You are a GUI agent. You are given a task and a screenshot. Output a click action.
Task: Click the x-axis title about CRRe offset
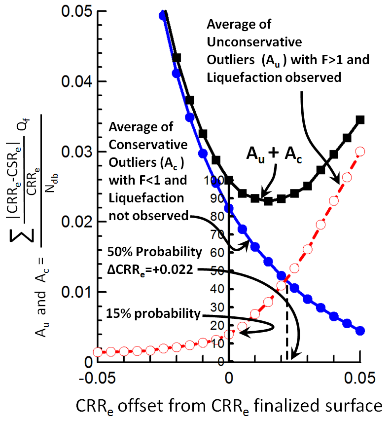(229, 405)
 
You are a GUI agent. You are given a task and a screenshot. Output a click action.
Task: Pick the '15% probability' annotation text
(153, 314)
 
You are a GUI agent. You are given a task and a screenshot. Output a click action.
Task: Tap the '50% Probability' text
(154, 252)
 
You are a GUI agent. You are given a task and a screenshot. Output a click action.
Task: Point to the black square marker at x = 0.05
(360, 120)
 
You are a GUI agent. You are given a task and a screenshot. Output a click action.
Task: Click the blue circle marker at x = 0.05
(360, 331)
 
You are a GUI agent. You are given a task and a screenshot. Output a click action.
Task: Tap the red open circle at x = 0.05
(360, 151)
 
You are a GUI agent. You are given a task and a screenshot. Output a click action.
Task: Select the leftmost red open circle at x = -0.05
(98, 352)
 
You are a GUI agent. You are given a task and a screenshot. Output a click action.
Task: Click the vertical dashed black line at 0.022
(287, 321)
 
